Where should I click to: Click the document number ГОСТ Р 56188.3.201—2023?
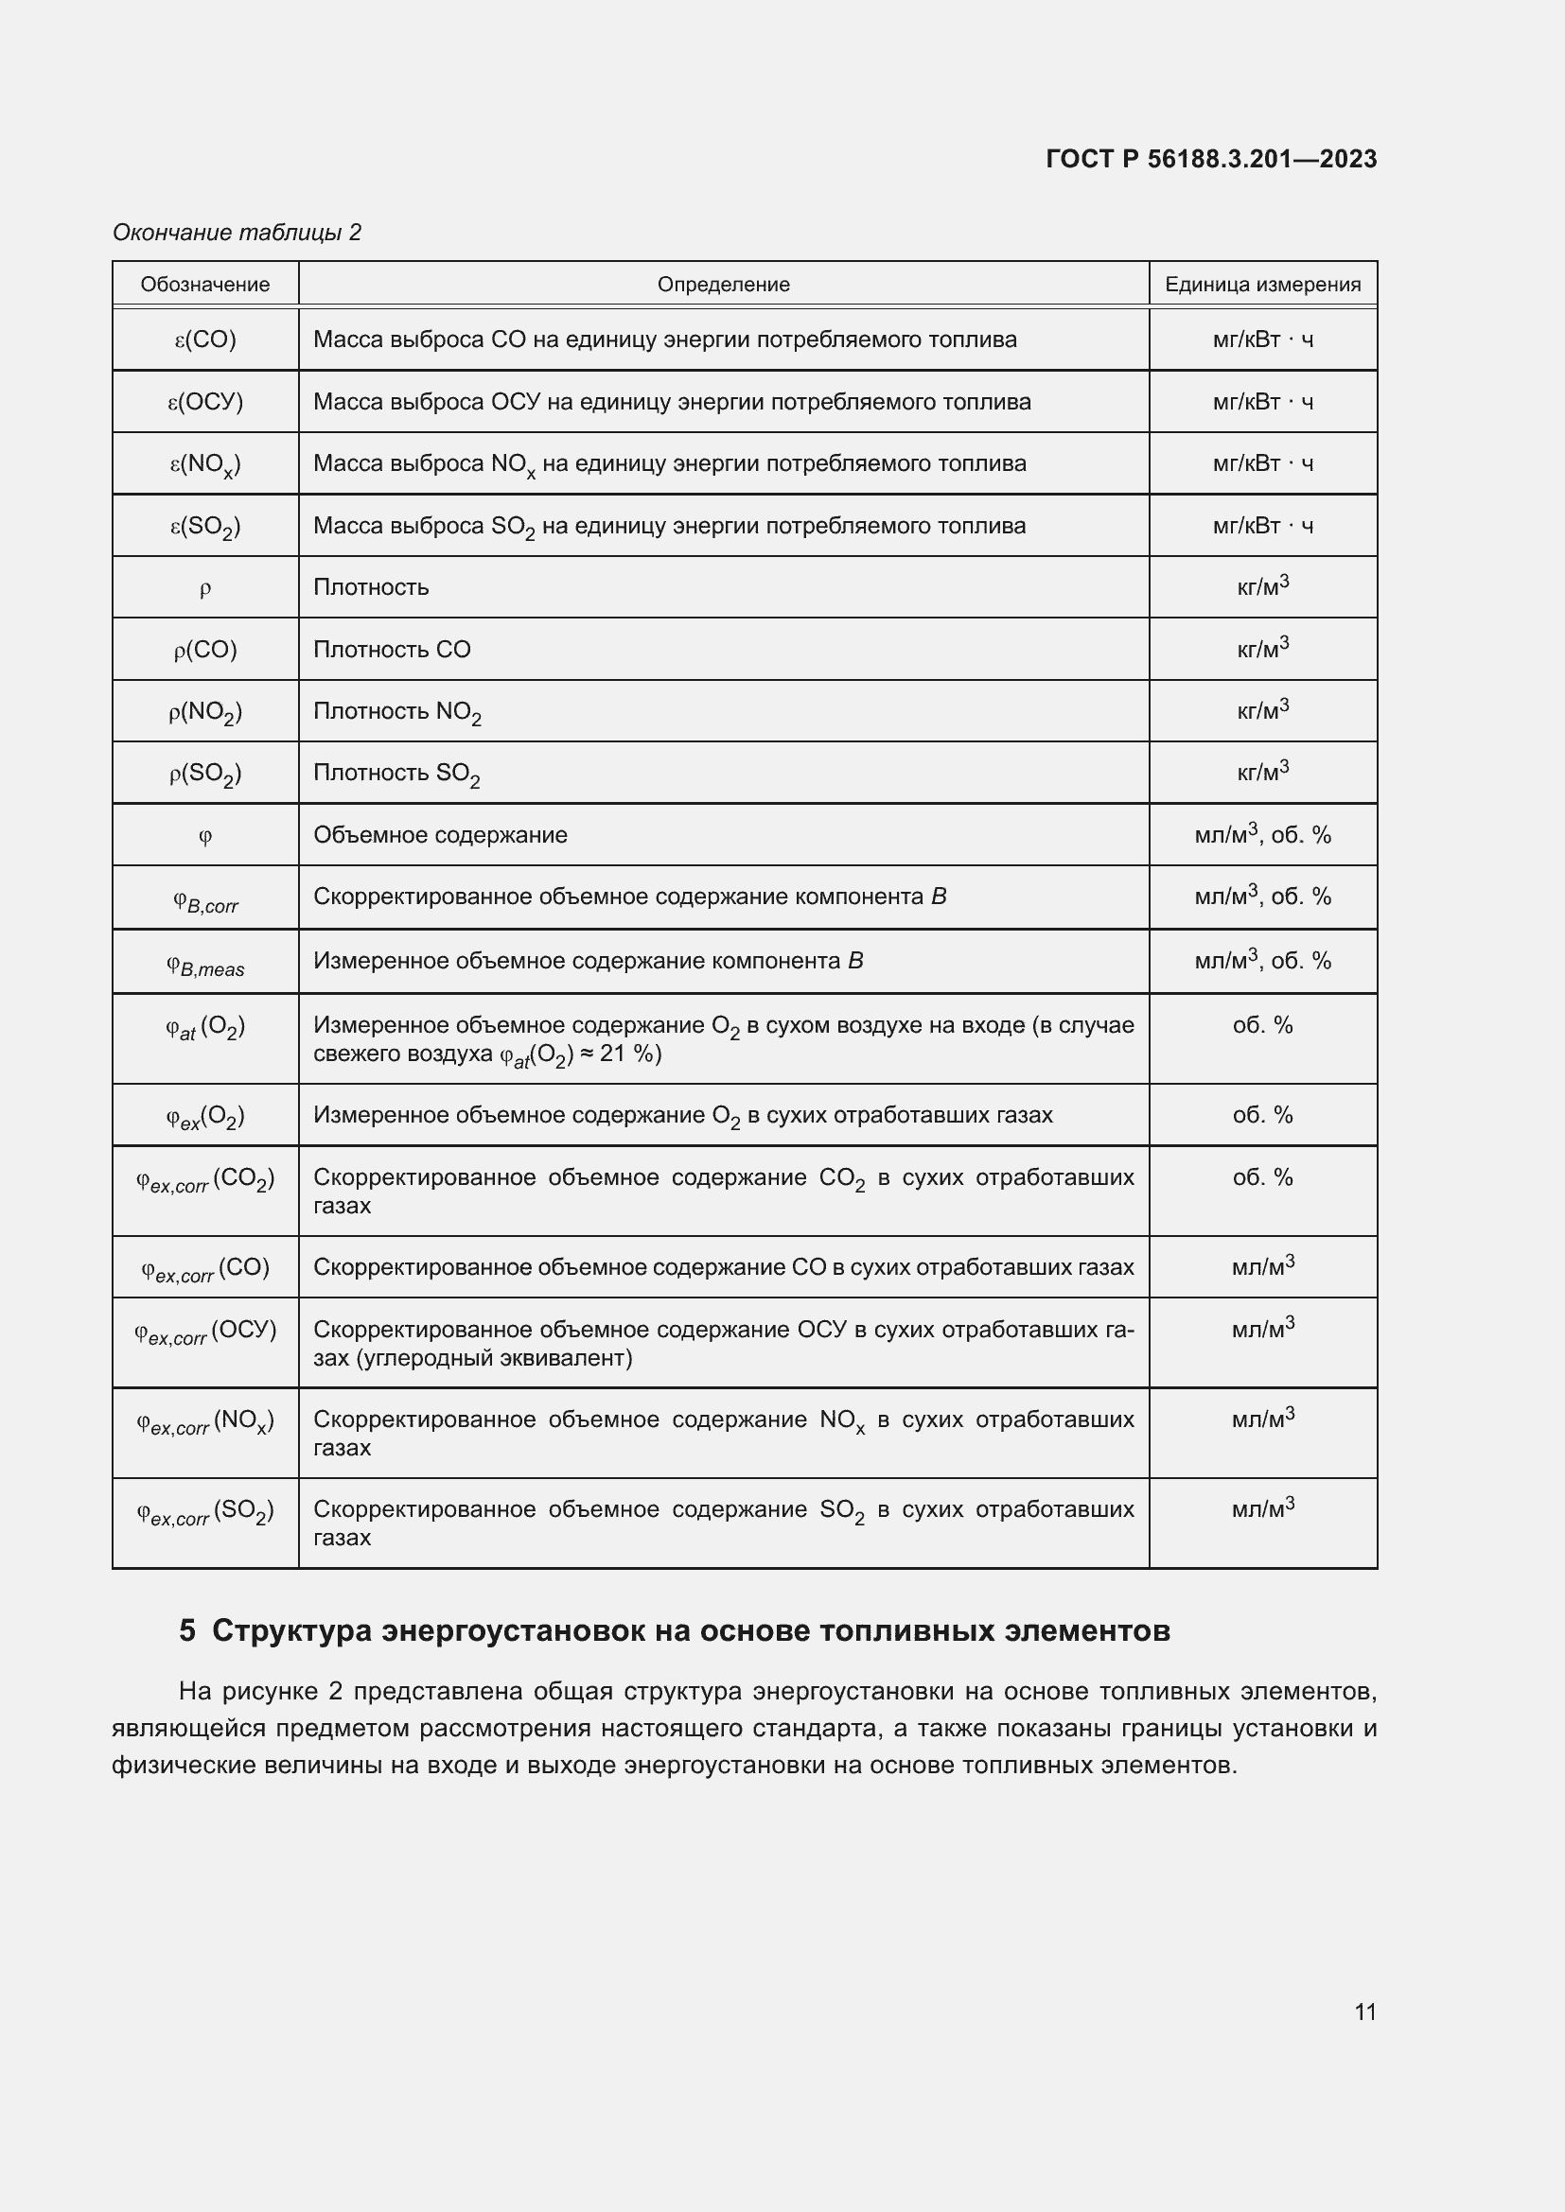coord(1210,159)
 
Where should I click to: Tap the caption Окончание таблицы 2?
coord(237,233)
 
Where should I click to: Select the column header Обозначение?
coord(205,285)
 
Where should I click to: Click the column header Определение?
coord(723,285)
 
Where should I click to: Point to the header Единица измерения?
coord(1262,285)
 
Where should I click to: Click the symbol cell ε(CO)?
coord(205,340)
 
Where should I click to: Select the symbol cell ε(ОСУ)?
coord(205,402)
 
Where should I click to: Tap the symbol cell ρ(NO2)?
coord(205,712)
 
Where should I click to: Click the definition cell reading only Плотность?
coord(371,587)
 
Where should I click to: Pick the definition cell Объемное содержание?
coord(440,835)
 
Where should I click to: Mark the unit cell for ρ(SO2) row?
coord(1262,772)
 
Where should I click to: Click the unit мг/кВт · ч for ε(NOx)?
coord(1262,463)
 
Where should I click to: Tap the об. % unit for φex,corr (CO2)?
coord(1262,1177)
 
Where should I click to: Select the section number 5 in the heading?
coord(187,1630)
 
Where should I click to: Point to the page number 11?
coord(1364,2012)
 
